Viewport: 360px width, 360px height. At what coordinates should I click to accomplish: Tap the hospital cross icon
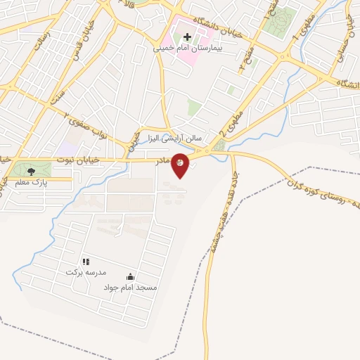188,36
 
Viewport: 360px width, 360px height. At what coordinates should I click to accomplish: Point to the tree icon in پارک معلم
30,171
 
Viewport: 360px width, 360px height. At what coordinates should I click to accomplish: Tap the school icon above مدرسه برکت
86,262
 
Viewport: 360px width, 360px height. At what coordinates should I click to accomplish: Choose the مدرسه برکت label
85,272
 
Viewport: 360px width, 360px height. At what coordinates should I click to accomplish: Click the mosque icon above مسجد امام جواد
129,277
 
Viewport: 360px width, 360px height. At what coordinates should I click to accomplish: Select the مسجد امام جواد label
130,288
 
